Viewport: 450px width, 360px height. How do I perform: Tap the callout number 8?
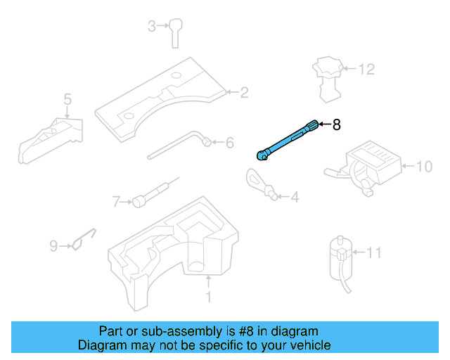click(336, 125)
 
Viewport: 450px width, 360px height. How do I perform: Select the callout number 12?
click(366, 70)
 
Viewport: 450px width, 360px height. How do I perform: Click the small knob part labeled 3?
click(175, 32)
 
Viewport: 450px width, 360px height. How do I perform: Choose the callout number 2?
click(244, 92)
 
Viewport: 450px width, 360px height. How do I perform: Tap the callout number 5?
click(67, 99)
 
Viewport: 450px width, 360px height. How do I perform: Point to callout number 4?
click(294, 198)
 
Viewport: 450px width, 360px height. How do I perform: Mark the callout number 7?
click(117, 202)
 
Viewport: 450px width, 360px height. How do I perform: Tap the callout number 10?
click(423, 167)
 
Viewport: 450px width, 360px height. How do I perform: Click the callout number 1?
click(208, 297)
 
